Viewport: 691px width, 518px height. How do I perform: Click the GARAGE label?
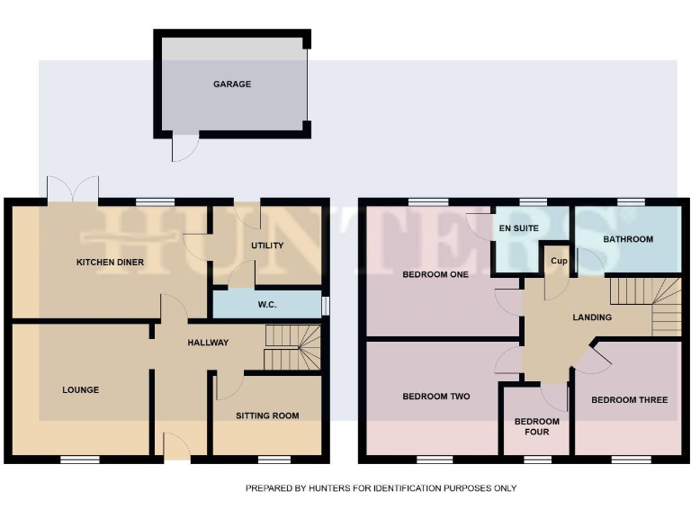pyautogui.click(x=232, y=85)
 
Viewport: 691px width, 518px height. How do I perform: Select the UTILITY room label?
pyautogui.click(x=267, y=246)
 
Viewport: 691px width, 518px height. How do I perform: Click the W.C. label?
pyautogui.click(x=267, y=305)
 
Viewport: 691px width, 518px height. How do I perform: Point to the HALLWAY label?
pyautogui.click(x=208, y=343)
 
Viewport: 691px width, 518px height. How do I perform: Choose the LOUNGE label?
pyautogui.click(x=80, y=390)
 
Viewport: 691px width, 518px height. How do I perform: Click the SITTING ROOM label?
pyautogui.click(x=267, y=415)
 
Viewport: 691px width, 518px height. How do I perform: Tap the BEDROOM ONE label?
pyautogui.click(x=435, y=275)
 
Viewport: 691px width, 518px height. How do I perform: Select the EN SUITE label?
pyautogui.click(x=518, y=228)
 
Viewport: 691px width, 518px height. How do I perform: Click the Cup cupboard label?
pyautogui.click(x=557, y=261)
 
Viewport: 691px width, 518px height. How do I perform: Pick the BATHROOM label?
pyautogui.click(x=628, y=239)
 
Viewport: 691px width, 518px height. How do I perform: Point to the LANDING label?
pyautogui.click(x=592, y=317)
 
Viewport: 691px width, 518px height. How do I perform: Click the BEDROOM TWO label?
pyautogui.click(x=435, y=397)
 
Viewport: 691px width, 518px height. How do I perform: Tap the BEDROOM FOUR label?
pyautogui.click(x=536, y=426)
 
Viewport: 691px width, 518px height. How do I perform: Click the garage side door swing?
pyautogui.click(x=184, y=148)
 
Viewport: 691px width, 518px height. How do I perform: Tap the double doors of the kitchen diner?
pyautogui.click(x=72, y=189)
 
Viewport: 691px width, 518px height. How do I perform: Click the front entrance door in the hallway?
pyautogui.click(x=177, y=446)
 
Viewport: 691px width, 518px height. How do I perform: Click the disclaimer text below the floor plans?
pyautogui.click(x=381, y=488)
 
